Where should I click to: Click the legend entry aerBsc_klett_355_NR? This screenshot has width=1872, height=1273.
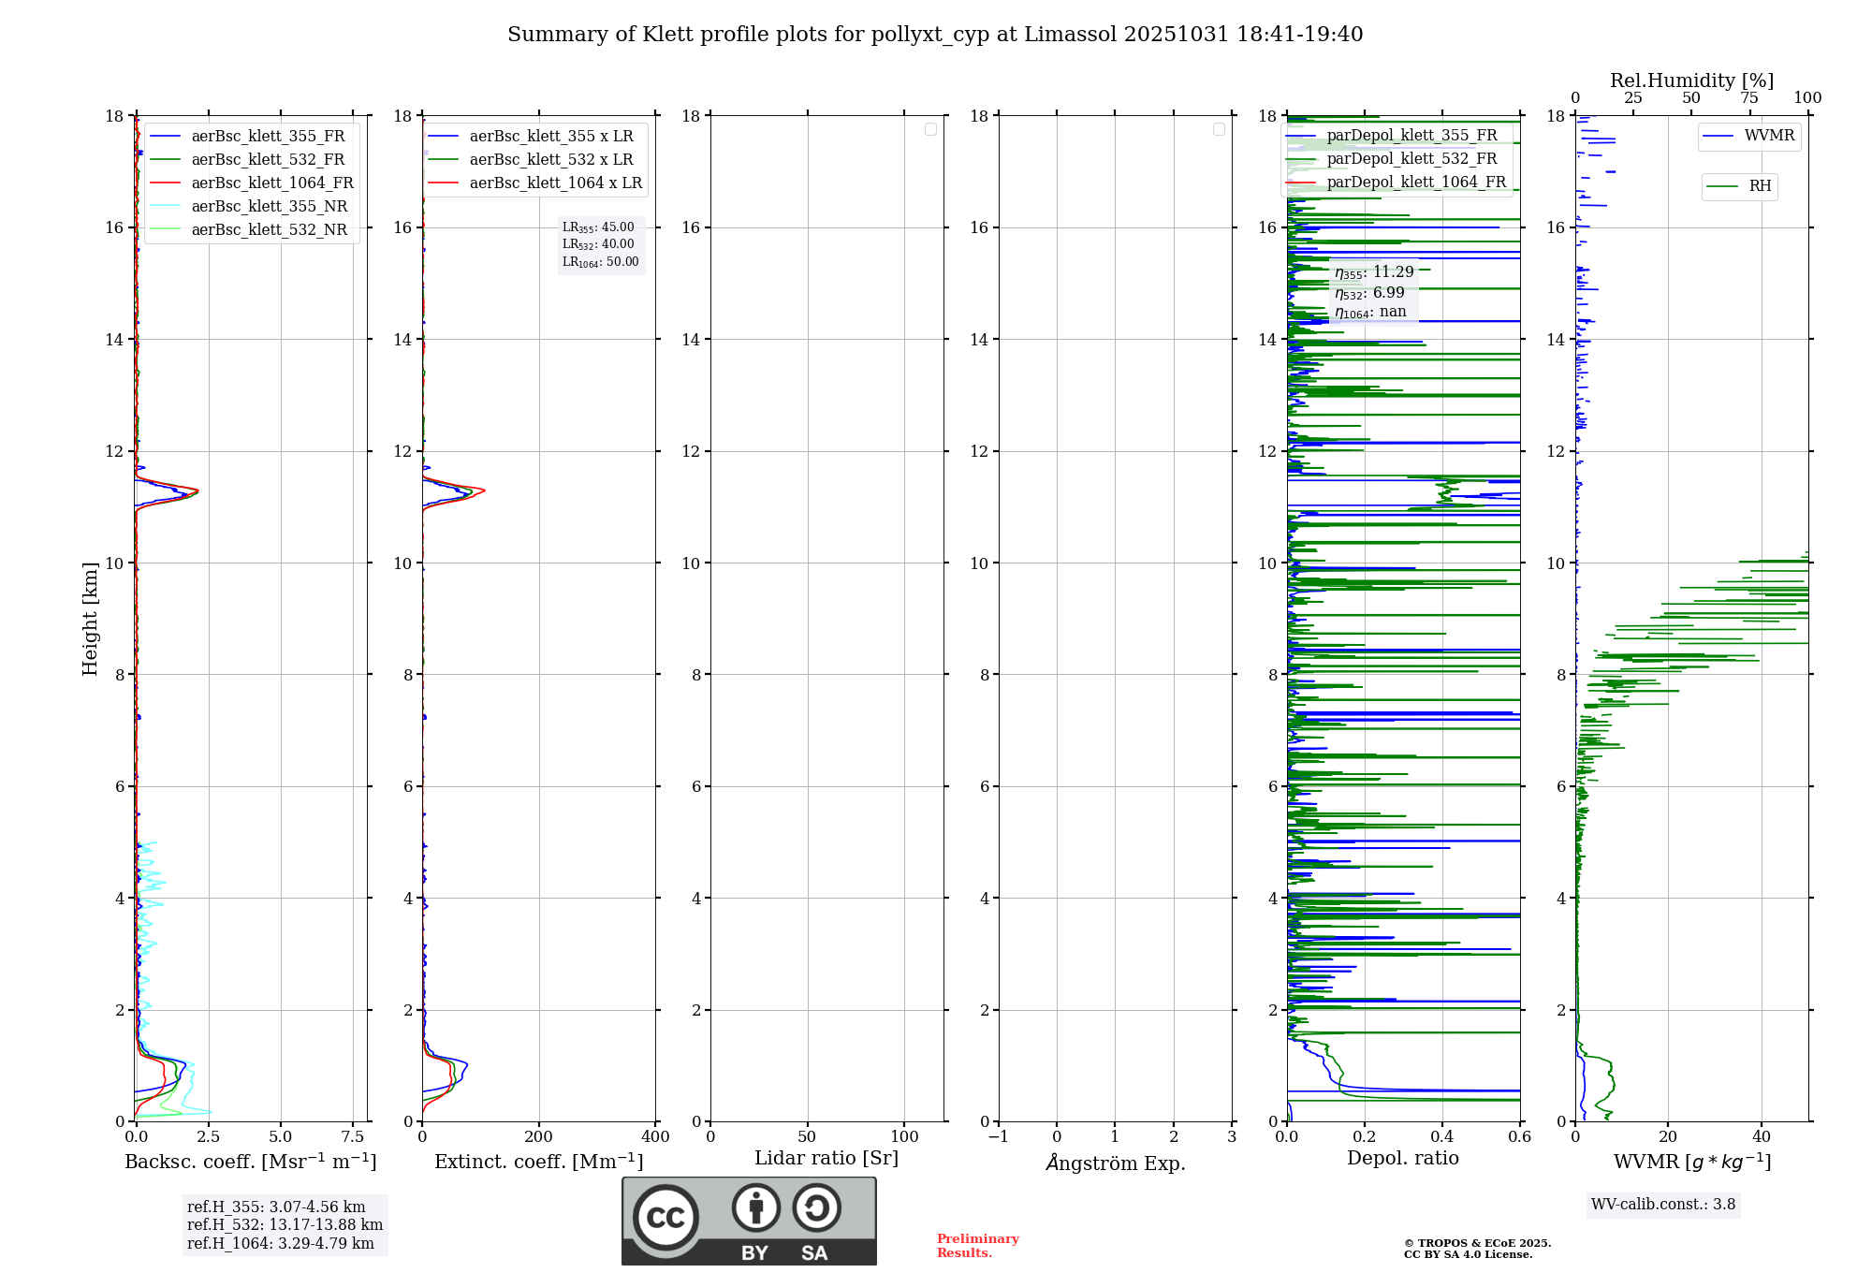click(269, 206)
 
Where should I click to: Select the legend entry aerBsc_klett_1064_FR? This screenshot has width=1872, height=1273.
click(271, 183)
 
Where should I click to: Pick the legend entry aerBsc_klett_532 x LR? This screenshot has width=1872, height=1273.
click(550, 159)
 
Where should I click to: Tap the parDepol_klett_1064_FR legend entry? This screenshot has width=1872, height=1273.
click(1416, 182)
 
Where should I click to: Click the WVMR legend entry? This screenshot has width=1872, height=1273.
click(1769, 136)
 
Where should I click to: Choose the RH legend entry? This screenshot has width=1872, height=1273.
click(1760, 185)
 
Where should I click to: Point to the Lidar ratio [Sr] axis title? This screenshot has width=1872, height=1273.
click(826, 1158)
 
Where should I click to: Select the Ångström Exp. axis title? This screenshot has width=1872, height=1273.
click(1115, 1163)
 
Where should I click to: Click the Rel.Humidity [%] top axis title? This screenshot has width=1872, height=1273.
click(1691, 80)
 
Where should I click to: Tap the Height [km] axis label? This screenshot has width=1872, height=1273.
click(90, 618)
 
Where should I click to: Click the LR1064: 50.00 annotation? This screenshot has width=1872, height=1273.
click(600, 262)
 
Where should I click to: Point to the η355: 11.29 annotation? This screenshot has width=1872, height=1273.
click(1374, 272)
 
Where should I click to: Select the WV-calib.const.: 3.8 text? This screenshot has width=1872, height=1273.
click(1662, 1204)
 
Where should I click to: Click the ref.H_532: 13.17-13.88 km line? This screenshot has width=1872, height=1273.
click(285, 1224)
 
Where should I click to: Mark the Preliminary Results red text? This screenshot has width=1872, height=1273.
click(977, 1245)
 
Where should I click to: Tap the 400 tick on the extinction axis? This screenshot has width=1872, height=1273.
click(655, 1136)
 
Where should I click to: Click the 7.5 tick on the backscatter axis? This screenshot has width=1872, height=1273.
click(353, 1136)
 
